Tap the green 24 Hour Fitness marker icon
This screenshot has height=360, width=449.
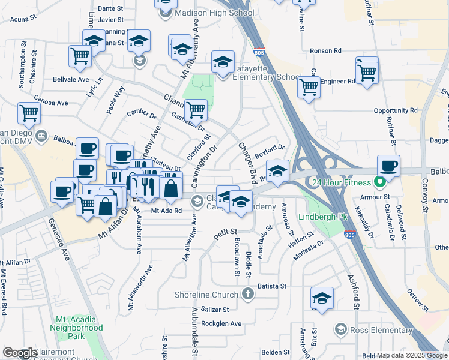point(379,181)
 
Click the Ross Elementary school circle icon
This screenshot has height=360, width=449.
point(341,329)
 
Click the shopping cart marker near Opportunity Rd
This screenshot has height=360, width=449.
point(309,87)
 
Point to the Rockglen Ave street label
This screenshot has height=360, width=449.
point(221,323)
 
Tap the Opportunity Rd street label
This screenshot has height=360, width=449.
point(395,110)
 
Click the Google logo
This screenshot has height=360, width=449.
point(20,353)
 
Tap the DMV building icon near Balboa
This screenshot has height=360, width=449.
point(41,136)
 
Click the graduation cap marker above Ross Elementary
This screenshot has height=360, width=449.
point(322,298)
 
